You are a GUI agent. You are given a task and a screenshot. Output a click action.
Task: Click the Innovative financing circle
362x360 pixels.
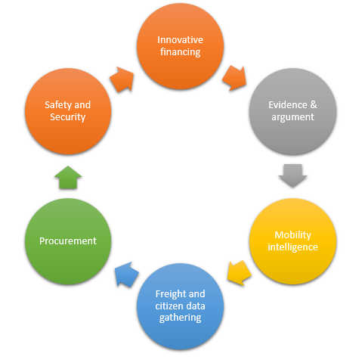pyautogui.click(x=180, y=46)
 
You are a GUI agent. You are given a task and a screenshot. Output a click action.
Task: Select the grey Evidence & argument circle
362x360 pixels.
pyautogui.click(x=292, y=111)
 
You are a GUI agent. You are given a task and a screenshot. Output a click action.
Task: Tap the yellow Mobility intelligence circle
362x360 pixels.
pyautogui.click(x=292, y=241)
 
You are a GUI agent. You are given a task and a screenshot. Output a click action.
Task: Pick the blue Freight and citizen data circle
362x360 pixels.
pyautogui.click(x=180, y=306)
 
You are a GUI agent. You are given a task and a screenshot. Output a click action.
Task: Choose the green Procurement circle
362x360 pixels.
pyautogui.click(x=68, y=241)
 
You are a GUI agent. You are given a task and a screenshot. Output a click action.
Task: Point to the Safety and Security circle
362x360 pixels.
pyautogui.click(x=68, y=111)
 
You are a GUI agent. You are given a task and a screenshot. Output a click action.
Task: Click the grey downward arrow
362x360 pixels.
pyautogui.click(x=292, y=175)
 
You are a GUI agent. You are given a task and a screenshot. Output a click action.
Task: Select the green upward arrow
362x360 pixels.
pyautogui.click(x=68, y=177)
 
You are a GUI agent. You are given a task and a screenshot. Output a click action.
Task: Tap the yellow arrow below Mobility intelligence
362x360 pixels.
pyautogui.click(x=239, y=273)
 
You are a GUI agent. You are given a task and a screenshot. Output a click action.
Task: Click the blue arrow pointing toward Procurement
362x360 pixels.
pyautogui.click(x=126, y=275)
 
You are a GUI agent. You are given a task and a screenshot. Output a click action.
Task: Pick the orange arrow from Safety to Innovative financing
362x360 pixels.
pyautogui.click(x=122, y=79)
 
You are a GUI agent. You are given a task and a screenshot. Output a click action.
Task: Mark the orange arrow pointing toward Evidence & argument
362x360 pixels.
pyautogui.click(x=234, y=78)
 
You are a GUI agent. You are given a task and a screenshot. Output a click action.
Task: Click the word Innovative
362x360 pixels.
pyautogui.click(x=180, y=40)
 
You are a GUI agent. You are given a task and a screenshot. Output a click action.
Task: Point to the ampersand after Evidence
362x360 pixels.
pyautogui.click(x=314, y=104)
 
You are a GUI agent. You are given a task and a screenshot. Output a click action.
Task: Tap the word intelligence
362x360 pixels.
pyautogui.click(x=292, y=247)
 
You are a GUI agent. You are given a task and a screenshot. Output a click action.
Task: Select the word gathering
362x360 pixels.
pyautogui.click(x=180, y=318)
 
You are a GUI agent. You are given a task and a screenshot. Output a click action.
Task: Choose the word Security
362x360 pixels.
pyautogui.click(x=68, y=117)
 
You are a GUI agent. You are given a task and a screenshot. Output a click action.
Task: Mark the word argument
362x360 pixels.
pyautogui.click(x=292, y=117)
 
